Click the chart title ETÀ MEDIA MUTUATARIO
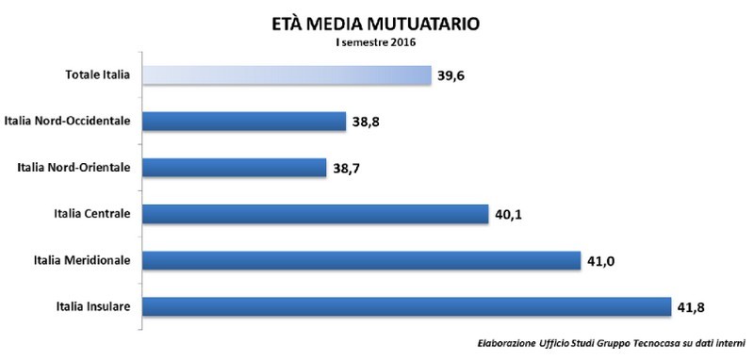click(x=375, y=21)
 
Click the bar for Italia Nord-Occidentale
click(x=244, y=121)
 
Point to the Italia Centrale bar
click(x=315, y=213)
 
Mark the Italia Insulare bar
click(x=405, y=305)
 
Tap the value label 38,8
click(x=367, y=121)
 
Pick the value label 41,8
click(x=689, y=305)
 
